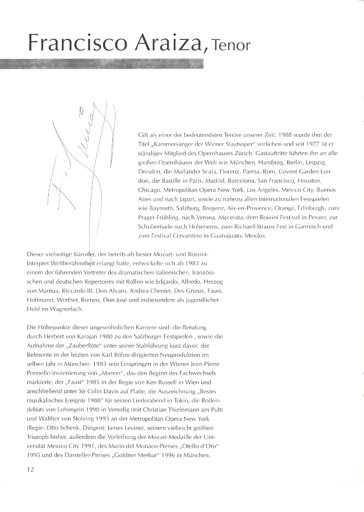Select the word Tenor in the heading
click(229, 46)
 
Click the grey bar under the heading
click(103, 64)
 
